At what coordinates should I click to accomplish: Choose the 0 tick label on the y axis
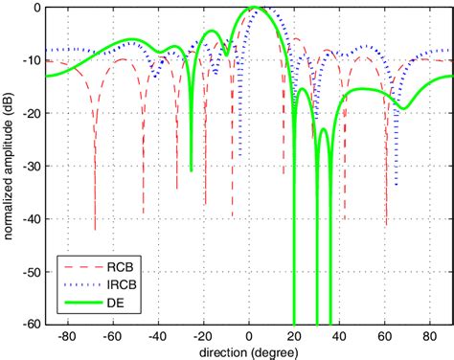[36, 8]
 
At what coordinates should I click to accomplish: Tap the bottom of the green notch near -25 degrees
[192, 170]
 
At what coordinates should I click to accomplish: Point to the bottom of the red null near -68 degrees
[95, 230]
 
